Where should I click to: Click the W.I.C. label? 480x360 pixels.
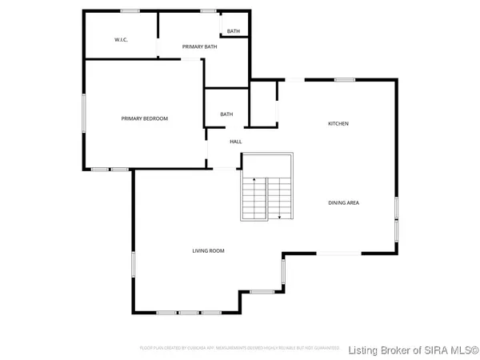pos(122,40)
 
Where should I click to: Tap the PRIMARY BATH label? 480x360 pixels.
pos(199,47)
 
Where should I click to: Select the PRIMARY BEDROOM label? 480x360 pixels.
pos(145,118)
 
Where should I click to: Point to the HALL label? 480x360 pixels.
pos(236,142)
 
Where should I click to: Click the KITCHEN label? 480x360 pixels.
pos(338,123)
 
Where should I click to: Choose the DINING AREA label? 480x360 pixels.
pos(343,202)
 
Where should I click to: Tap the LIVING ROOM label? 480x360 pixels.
pos(208,250)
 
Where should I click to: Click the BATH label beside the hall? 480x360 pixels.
pos(226,114)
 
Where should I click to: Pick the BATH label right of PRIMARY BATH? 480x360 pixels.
pos(233,31)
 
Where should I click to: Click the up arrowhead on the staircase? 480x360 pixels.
pos(253,181)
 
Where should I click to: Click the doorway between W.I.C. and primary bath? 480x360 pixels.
pos(158,47)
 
